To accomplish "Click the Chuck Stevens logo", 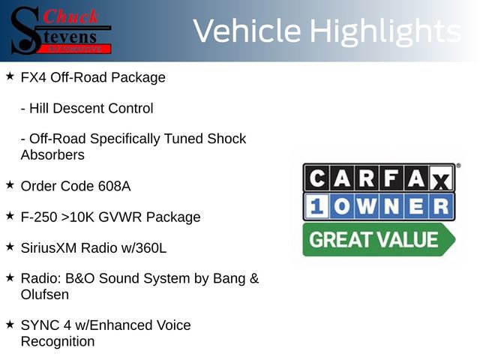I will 61,30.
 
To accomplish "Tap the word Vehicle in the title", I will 248,31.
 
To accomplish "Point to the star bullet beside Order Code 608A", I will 10,184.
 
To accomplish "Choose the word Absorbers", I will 52,155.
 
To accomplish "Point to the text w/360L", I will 142,247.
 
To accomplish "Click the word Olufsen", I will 45,295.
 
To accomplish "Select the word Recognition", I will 58,342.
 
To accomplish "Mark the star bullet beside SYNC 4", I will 10,324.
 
